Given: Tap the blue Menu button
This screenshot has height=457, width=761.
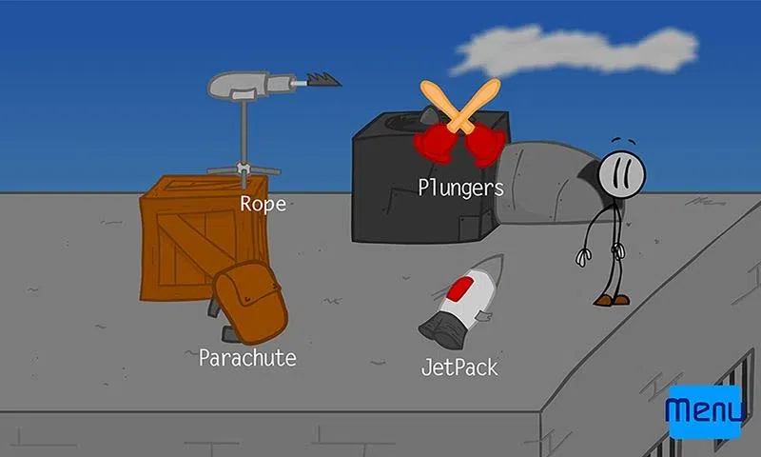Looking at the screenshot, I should pyautogui.click(x=705, y=410).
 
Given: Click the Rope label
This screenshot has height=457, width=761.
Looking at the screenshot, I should pyautogui.click(x=263, y=204).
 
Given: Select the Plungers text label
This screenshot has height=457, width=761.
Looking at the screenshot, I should pyautogui.click(x=460, y=188).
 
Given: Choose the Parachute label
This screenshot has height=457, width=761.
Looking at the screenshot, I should pyautogui.click(x=247, y=358).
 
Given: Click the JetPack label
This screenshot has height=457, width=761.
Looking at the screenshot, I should pyautogui.click(x=459, y=367).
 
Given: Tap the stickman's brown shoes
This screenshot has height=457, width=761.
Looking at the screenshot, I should pyautogui.click(x=612, y=300).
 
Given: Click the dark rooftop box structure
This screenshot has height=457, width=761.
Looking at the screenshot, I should pyautogui.click(x=390, y=190).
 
